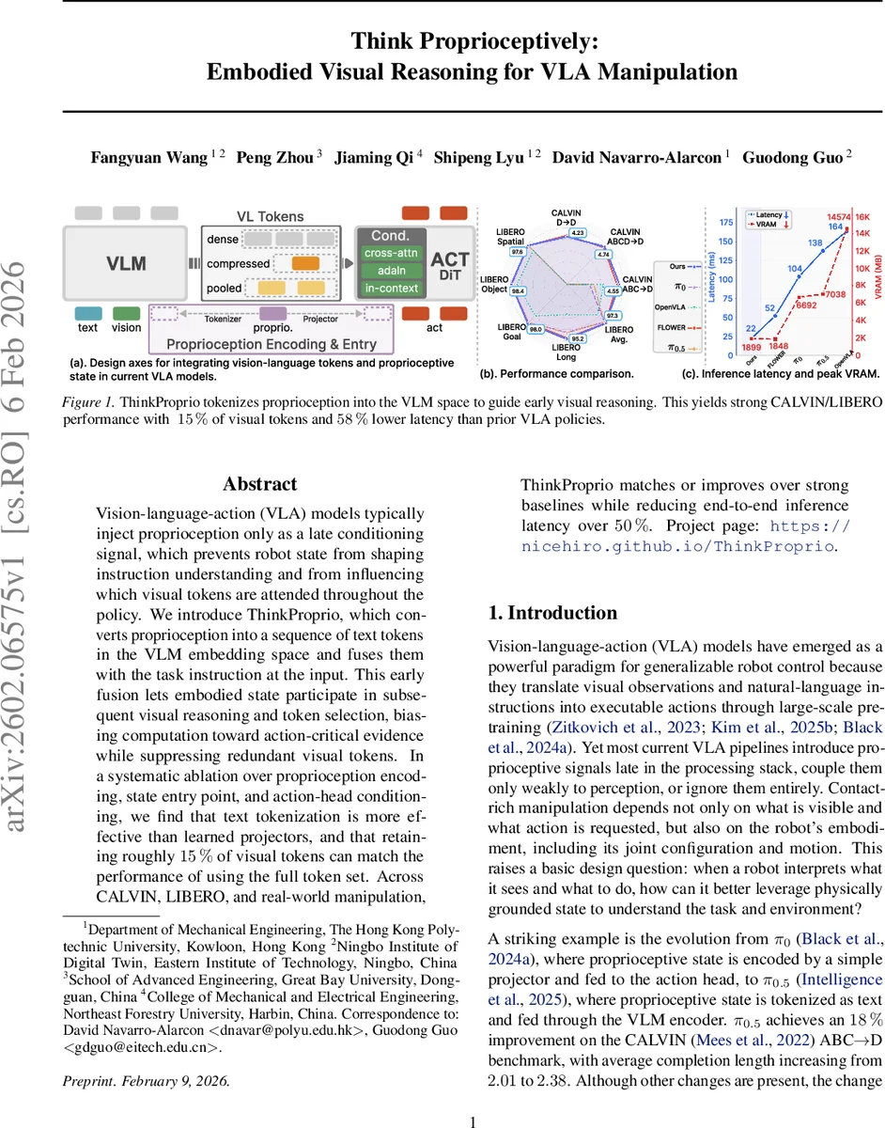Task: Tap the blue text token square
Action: point(88,312)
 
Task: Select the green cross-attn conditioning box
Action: point(391,253)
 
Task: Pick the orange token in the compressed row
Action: point(307,264)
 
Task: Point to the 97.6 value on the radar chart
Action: point(516,252)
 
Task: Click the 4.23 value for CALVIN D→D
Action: point(578,232)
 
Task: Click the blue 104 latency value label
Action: point(795,269)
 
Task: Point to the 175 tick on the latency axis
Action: point(725,223)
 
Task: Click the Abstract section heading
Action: point(260,484)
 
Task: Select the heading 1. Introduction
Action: point(552,613)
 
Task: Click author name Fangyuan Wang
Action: point(149,157)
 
